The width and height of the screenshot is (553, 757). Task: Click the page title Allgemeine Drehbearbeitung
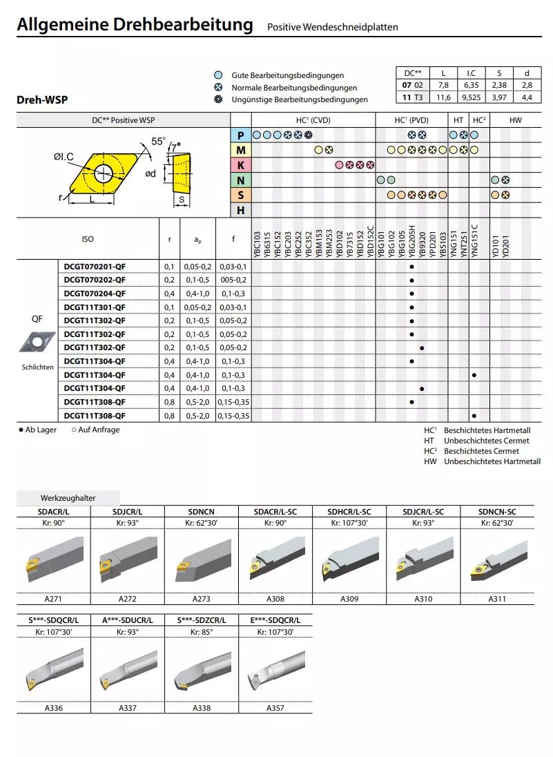tap(135, 26)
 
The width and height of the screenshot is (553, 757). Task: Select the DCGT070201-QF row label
tap(95, 267)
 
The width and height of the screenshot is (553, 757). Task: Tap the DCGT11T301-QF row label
tap(95, 307)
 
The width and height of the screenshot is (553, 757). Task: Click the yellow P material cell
tap(240, 135)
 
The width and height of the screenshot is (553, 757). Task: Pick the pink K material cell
tap(240, 165)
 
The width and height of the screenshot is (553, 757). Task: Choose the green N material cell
tap(240, 180)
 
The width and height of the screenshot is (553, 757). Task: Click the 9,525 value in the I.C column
tap(471, 98)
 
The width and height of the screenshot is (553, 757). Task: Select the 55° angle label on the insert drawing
tap(158, 142)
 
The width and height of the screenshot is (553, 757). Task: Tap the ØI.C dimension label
tap(64, 157)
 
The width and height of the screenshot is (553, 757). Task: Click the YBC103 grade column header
tap(258, 245)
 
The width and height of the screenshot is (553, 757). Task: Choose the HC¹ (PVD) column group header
tap(411, 120)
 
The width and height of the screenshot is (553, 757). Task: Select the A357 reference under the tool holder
tap(275, 708)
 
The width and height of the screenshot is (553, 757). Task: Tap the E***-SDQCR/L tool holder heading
tap(275, 620)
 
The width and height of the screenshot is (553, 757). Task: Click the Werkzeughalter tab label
tap(68, 498)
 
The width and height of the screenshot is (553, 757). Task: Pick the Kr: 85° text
tap(202, 632)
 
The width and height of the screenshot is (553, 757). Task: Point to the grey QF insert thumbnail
tap(37, 341)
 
